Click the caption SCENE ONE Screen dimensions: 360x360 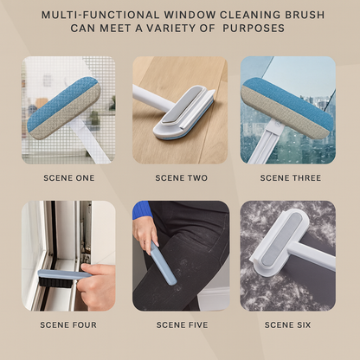(69, 178)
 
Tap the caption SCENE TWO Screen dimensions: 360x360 (182, 178)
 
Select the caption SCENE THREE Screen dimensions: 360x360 (291, 178)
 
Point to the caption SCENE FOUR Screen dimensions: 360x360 (68, 325)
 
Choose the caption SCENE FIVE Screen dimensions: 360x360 (182, 325)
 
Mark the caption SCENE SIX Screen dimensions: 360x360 (287, 325)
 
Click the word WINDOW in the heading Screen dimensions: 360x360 (189, 15)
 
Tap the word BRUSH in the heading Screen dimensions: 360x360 (305, 15)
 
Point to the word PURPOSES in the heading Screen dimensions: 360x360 (254, 29)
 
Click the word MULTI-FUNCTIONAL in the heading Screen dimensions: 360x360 (100, 15)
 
